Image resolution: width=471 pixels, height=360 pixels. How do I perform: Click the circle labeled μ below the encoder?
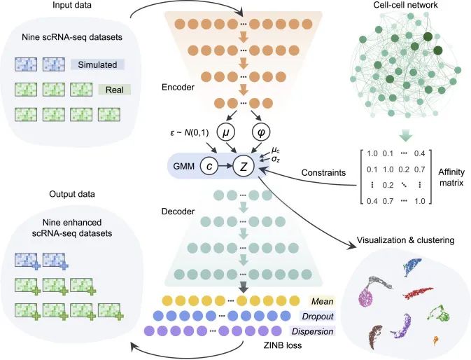click(225, 132)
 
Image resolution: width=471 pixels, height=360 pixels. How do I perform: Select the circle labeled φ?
click(261, 132)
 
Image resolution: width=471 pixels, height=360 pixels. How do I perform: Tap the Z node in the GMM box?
click(244, 166)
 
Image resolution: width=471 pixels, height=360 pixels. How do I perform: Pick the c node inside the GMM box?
click(209, 166)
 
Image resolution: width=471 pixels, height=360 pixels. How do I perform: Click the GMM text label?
click(184, 166)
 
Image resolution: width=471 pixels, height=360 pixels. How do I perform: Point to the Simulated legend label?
click(97, 64)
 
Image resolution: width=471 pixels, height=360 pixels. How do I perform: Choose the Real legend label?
click(115, 90)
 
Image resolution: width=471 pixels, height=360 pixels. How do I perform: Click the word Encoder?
click(178, 87)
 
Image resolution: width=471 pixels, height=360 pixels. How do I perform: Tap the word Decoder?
click(178, 212)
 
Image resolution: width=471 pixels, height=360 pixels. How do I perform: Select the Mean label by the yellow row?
click(323, 301)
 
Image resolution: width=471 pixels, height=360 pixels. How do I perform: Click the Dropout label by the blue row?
click(318, 317)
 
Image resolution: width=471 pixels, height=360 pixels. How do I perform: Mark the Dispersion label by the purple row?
click(312, 331)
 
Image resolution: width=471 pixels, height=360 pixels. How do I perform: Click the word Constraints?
click(323, 173)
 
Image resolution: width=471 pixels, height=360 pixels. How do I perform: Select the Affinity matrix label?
click(451, 177)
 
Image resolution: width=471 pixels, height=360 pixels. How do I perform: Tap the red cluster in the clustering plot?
click(418, 292)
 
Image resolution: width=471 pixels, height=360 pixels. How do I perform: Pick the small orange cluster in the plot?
click(435, 340)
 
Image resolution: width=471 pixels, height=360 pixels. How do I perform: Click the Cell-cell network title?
click(405, 5)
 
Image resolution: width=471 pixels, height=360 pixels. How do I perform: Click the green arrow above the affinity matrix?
click(405, 135)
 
